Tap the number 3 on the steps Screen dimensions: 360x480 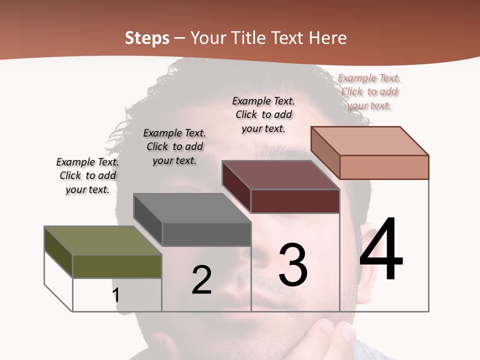(x=293, y=264)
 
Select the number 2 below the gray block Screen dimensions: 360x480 (x=201, y=280)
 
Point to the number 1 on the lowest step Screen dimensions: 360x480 (x=116, y=295)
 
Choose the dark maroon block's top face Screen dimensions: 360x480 (x=280, y=175)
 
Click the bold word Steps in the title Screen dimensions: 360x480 (x=147, y=38)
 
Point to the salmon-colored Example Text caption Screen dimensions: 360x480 (x=369, y=91)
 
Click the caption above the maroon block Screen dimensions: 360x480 (x=263, y=114)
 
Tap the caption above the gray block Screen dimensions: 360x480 (x=174, y=146)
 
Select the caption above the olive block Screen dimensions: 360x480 (x=87, y=175)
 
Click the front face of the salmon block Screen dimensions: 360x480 (x=384, y=167)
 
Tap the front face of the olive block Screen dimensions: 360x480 (x=117, y=266)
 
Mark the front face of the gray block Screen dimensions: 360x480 (x=206, y=234)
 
